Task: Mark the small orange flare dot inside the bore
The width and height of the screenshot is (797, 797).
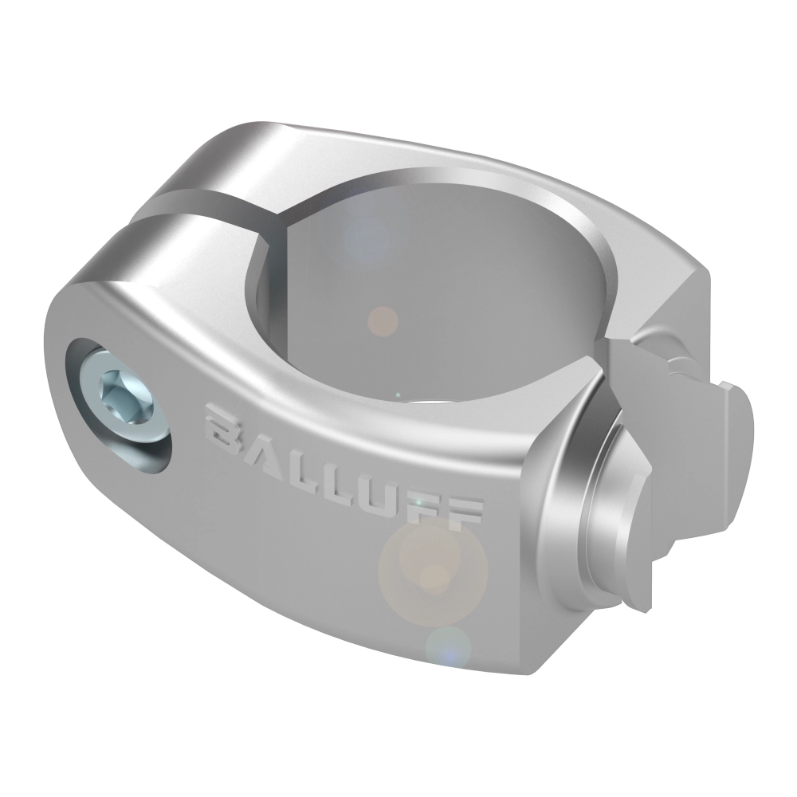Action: (382, 320)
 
